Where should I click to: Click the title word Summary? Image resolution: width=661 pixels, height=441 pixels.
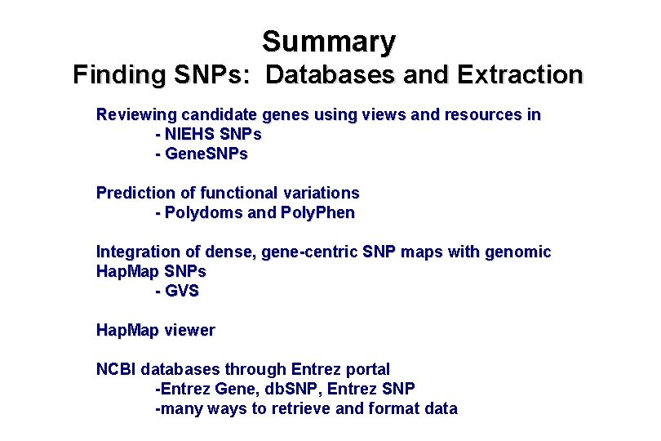(x=329, y=41)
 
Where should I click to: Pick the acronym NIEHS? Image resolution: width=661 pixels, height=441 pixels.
(x=185, y=134)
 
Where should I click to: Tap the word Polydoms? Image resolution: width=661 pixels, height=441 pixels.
(x=198, y=212)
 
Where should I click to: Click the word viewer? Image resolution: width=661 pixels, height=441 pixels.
(x=189, y=330)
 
